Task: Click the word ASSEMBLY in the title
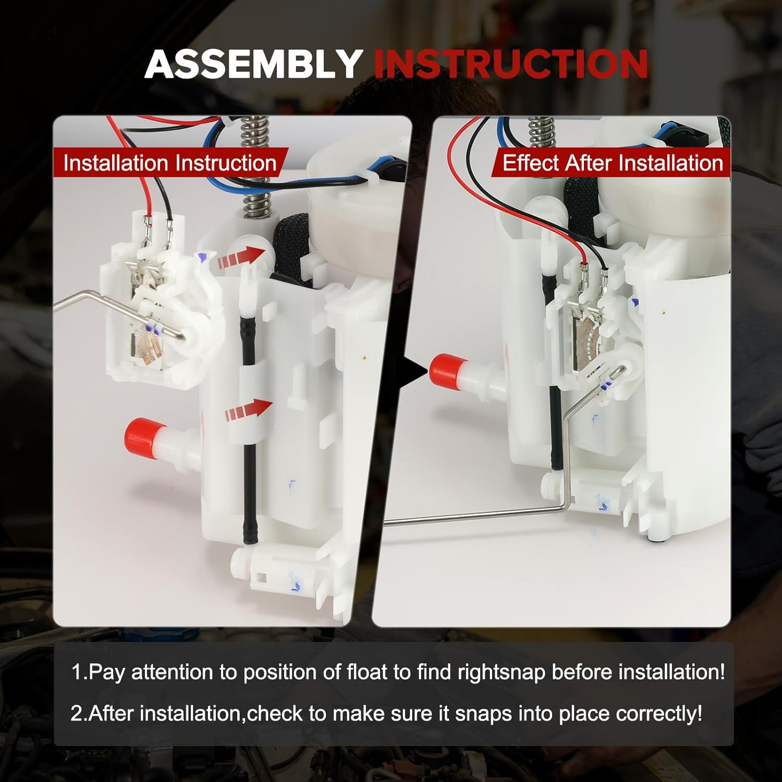254,65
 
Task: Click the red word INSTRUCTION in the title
511,65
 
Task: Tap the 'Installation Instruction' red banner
169,163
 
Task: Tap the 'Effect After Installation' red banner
612,163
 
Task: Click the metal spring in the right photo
541,133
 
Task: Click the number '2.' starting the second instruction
79,713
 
